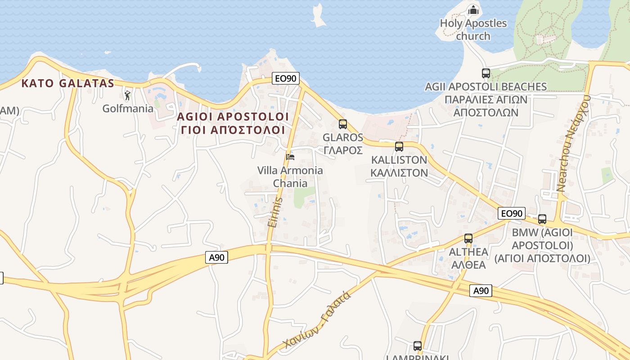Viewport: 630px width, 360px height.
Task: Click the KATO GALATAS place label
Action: (x=68, y=83)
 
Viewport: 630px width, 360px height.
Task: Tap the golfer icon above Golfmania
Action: (x=127, y=95)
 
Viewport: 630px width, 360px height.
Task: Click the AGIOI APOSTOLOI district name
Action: (x=233, y=117)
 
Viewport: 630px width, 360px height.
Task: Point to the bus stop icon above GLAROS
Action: (x=343, y=124)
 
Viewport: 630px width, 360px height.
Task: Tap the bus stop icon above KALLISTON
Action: (x=399, y=146)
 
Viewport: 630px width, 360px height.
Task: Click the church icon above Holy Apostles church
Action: (x=473, y=10)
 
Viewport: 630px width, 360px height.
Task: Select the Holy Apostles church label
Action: (x=473, y=30)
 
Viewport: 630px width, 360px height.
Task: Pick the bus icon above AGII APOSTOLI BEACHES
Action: (x=486, y=73)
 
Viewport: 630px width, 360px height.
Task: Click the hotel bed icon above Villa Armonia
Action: (x=290, y=157)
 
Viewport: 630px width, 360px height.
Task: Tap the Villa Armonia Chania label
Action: (x=290, y=177)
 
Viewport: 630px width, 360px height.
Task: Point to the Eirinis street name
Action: (x=274, y=212)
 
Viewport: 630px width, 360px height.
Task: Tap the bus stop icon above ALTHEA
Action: (x=468, y=238)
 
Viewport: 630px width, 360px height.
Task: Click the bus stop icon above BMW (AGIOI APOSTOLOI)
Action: (x=542, y=219)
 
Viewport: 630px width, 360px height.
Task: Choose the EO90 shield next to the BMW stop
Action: (x=512, y=213)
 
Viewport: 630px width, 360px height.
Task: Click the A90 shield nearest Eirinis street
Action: (x=216, y=257)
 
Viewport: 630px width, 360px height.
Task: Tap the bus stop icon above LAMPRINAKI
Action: (x=418, y=346)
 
